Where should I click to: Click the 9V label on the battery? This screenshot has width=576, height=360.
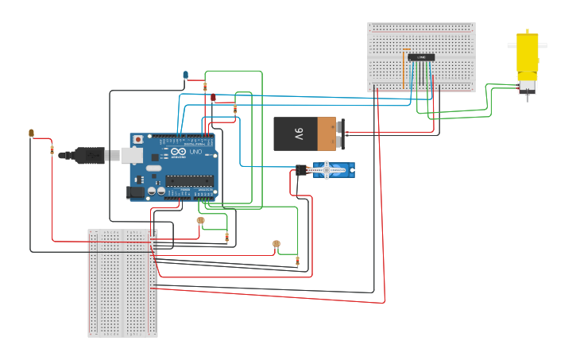click(299, 134)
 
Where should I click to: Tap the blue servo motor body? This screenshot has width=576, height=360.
click(332, 170)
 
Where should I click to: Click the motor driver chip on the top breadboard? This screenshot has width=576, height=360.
click(421, 57)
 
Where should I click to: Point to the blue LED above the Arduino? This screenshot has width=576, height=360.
click(186, 75)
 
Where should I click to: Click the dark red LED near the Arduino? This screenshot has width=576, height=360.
click(213, 97)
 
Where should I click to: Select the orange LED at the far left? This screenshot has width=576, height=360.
click(31, 133)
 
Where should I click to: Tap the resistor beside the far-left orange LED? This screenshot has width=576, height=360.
click(52, 149)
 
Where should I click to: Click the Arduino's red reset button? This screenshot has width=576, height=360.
click(138, 139)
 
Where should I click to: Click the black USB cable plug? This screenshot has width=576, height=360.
click(87, 155)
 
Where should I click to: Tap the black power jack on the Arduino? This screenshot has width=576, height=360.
click(137, 192)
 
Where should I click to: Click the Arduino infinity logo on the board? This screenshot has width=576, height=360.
click(178, 152)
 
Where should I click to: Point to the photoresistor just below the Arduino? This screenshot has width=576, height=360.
click(200, 220)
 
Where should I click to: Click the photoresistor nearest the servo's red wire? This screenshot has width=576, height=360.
click(276, 244)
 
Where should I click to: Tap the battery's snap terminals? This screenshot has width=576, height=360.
click(341, 134)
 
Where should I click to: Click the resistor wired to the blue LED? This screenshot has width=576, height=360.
click(205, 87)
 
